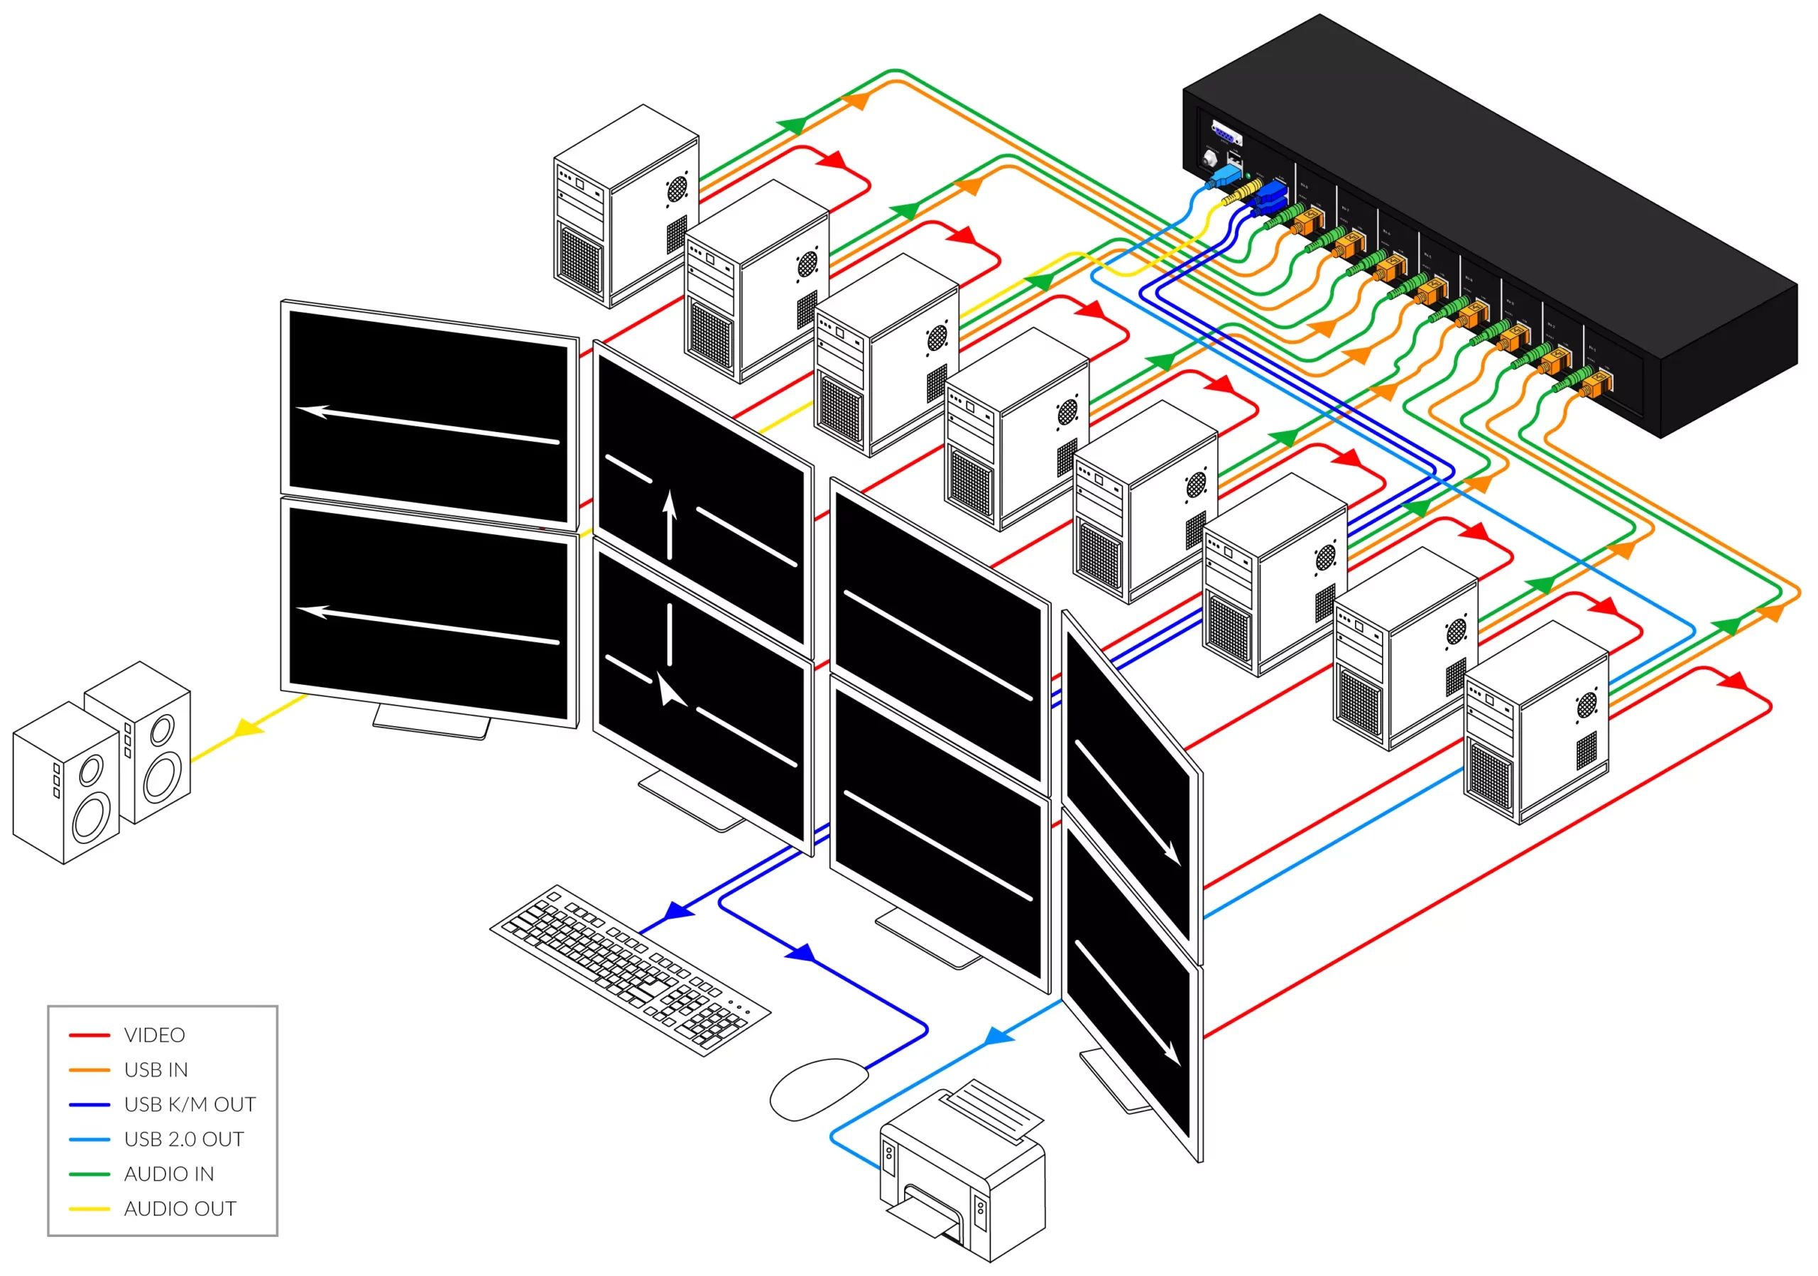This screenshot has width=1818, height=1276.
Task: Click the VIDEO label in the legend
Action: tap(154, 1035)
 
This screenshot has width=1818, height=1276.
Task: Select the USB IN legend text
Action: tap(156, 1070)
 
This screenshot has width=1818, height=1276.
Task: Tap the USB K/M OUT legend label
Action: tap(190, 1105)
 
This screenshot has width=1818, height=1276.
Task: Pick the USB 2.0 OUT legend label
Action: tap(184, 1140)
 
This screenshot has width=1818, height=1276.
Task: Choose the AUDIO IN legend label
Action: tap(168, 1174)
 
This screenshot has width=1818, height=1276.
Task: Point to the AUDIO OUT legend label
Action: tap(180, 1209)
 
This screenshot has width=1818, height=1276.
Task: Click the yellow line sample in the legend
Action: tap(89, 1209)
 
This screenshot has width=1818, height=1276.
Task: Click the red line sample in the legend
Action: tap(89, 1035)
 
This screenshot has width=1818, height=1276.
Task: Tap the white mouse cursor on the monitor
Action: tap(670, 691)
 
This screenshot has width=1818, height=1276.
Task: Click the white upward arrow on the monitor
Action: tap(670, 523)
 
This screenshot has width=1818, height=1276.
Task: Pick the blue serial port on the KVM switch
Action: tap(1226, 133)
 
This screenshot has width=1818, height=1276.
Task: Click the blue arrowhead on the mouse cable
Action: tap(801, 953)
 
